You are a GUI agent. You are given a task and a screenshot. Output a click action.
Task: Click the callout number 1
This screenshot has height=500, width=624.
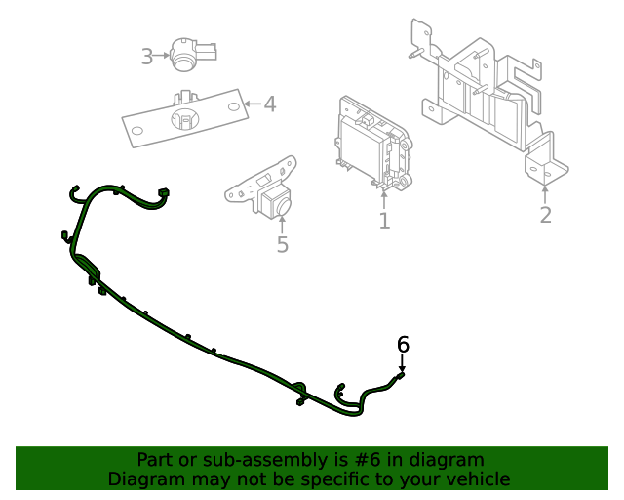click(x=384, y=222)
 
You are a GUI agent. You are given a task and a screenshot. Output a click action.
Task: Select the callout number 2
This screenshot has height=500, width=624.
click(x=545, y=215)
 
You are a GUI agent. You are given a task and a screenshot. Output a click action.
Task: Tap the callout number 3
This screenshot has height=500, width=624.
click(x=146, y=57)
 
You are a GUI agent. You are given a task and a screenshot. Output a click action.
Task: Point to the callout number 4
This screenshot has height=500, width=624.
click(x=270, y=104)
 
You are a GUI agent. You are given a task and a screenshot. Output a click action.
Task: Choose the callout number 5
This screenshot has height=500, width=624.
click(x=282, y=244)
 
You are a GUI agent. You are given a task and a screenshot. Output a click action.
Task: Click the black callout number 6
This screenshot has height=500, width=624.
click(x=403, y=344)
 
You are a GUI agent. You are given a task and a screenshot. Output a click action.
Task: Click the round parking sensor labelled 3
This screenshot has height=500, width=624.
click(x=187, y=55)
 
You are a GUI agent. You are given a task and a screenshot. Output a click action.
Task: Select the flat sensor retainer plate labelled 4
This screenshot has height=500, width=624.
click(x=183, y=117)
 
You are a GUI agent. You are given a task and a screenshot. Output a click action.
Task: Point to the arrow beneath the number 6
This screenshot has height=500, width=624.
click(x=403, y=362)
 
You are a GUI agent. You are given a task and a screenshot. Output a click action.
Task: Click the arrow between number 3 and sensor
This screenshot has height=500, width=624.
click(x=163, y=57)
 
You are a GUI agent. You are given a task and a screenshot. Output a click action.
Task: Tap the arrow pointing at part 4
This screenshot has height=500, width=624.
click(x=250, y=104)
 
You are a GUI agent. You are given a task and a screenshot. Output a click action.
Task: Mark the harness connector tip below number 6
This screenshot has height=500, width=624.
click(x=401, y=375)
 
